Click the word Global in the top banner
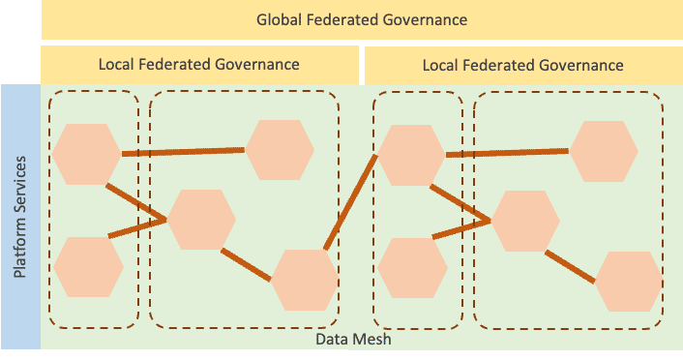click(x=279, y=19)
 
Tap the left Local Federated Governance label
click(x=198, y=65)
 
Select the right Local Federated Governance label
click(x=522, y=65)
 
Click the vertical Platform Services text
click(x=20, y=215)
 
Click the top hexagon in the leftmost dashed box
click(x=86, y=153)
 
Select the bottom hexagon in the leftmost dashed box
click(x=88, y=266)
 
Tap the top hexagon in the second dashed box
click(x=279, y=150)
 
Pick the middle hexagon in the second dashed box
click(x=201, y=220)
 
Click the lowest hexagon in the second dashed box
click(x=304, y=280)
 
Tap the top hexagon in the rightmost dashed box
click(x=603, y=150)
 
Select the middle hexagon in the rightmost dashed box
click(x=525, y=220)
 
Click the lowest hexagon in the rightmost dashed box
click(x=628, y=280)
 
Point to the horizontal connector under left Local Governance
click(x=183, y=152)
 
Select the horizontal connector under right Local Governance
click(x=507, y=152)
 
